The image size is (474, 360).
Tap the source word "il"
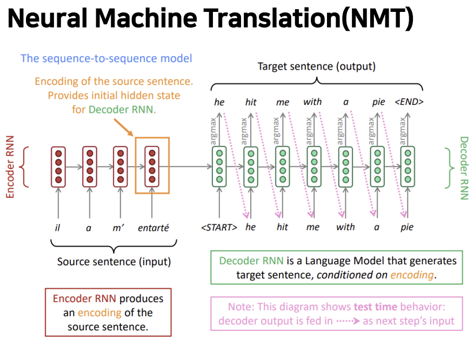(x=58, y=228)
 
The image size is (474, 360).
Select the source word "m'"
(x=119, y=228)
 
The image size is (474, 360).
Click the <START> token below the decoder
(x=219, y=227)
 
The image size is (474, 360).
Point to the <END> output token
(x=409, y=102)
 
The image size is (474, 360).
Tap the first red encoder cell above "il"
(x=58, y=166)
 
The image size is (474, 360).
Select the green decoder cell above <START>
(x=219, y=166)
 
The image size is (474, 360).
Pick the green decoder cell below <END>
(x=408, y=166)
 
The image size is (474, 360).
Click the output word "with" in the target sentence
(x=312, y=102)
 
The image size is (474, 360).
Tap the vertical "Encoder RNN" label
(x=10, y=166)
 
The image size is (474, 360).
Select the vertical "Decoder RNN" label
(x=464, y=168)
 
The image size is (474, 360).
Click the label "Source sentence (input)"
(x=114, y=262)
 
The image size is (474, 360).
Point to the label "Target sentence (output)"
(x=316, y=67)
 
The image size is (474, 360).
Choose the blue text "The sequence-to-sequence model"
(x=106, y=58)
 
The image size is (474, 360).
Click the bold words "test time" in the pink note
(x=375, y=306)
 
